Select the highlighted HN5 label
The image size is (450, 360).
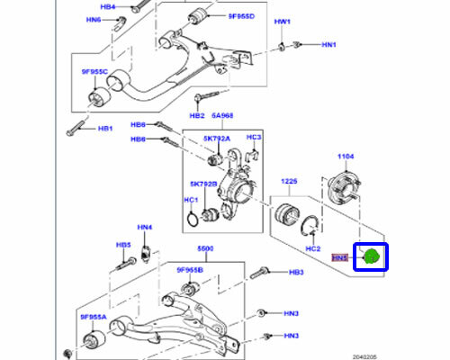[339, 257]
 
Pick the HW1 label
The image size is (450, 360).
[283, 21]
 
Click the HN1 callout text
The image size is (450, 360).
[328, 44]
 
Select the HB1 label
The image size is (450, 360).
[105, 129]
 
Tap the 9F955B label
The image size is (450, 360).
[190, 269]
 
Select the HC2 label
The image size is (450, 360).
[312, 247]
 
